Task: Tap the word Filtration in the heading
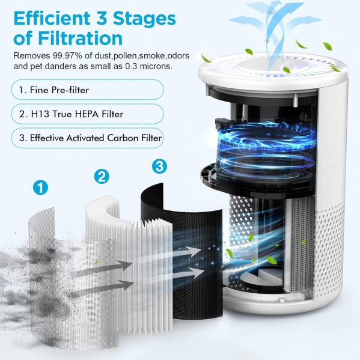[81, 38]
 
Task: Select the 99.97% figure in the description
[67, 56]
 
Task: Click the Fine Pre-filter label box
[88, 90]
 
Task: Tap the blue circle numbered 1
[40, 188]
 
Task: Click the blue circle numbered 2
[102, 176]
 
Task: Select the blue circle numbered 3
[160, 166]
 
